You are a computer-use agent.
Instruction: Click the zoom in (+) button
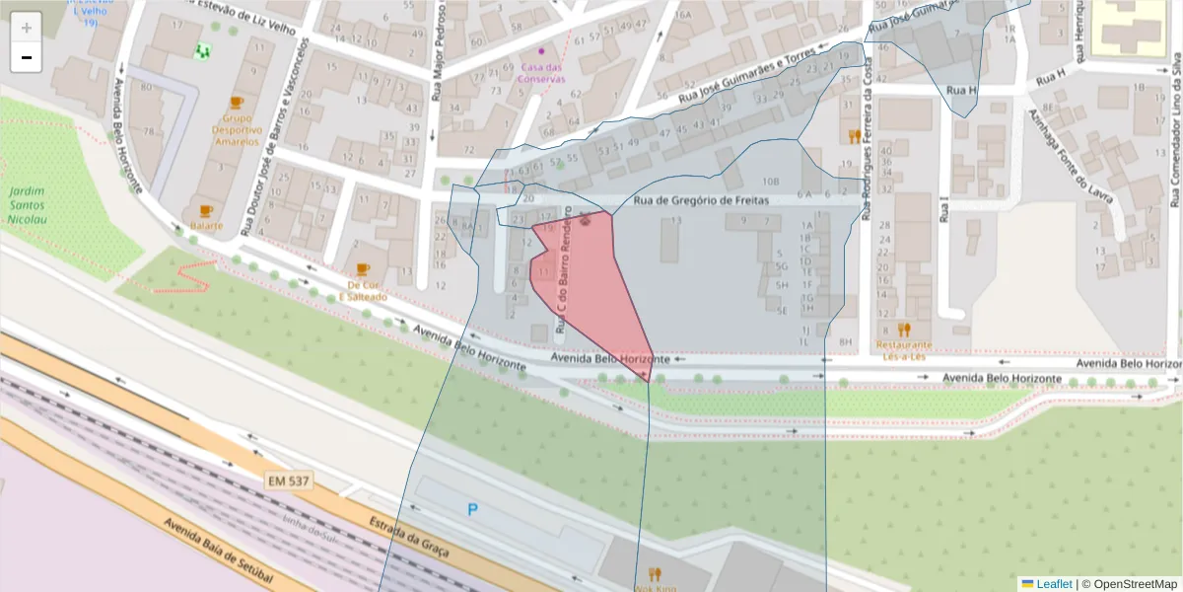click(27, 28)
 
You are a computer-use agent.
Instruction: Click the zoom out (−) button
click(27, 58)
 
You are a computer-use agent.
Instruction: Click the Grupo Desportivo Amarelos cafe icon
click(236, 103)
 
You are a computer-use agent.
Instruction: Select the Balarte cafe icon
click(206, 210)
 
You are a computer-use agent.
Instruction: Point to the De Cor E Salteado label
click(363, 290)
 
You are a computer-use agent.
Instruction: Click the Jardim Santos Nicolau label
click(27, 205)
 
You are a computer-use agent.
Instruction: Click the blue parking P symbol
click(472, 510)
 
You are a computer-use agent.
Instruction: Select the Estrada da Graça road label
click(404, 534)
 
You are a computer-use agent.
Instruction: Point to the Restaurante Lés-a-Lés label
click(904, 350)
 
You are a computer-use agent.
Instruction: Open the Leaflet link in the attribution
click(1053, 584)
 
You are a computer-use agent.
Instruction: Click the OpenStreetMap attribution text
click(1130, 584)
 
